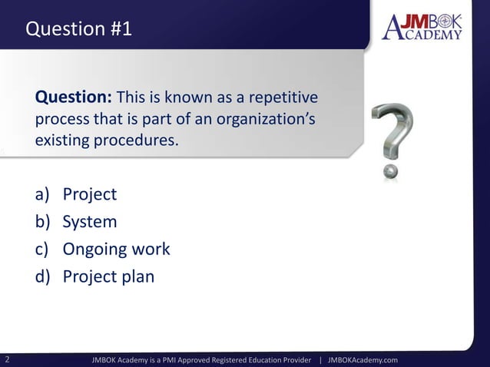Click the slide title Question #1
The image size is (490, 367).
(x=78, y=29)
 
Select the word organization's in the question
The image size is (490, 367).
(x=267, y=121)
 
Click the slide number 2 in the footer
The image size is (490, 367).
(x=7, y=359)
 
